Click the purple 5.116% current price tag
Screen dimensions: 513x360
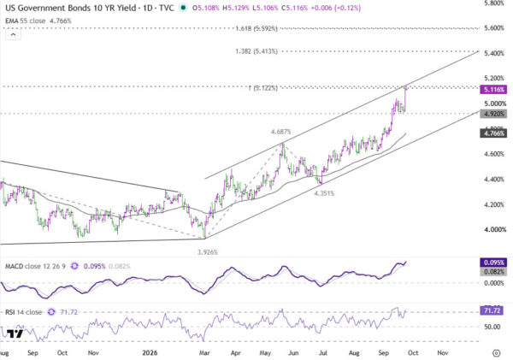coord(493,89)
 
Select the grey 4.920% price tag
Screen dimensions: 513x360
coord(493,114)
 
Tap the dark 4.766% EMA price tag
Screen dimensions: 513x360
coord(493,133)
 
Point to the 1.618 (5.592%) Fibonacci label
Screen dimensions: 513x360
coord(256,28)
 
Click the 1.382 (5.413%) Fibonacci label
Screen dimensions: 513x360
coord(256,51)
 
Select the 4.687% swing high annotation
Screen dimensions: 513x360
coord(280,132)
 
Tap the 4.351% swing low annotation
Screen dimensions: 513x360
coord(324,193)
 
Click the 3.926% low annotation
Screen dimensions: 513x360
coord(208,252)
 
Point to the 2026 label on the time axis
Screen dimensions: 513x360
coord(150,353)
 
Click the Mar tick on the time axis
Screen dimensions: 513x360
coord(204,353)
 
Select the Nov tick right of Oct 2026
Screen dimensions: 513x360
coord(443,353)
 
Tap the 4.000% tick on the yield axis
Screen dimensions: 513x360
coord(494,229)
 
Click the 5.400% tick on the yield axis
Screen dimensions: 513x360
coord(494,53)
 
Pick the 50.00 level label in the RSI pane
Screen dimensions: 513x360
coord(492,327)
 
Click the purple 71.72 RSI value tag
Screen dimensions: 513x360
coord(492,310)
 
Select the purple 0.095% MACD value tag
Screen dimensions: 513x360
coord(493,263)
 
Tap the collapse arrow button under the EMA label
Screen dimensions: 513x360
coord(13,34)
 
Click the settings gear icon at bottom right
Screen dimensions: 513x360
coord(496,353)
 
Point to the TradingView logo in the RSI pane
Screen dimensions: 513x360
coord(15,333)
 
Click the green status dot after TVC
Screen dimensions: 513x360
coord(184,8)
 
